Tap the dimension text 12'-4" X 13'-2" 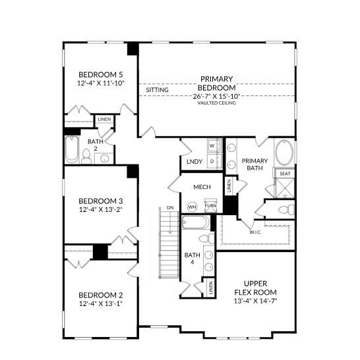pos(101,210)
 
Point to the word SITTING pos(157,90)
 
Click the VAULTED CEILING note pos(216,103)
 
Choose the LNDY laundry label pos(194,161)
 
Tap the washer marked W pos(213,145)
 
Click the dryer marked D pos(213,161)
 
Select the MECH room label pos(202,187)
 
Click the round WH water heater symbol pos(193,207)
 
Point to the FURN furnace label pos(210,205)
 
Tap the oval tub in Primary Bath pos(284,153)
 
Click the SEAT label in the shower pos(285,174)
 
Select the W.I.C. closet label pos(256,232)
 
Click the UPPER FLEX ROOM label pos(255,288)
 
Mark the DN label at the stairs pos(169,207)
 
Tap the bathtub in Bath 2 pos(71,150)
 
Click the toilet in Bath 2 pos(86,155)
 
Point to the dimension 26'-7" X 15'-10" pos(216,96)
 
